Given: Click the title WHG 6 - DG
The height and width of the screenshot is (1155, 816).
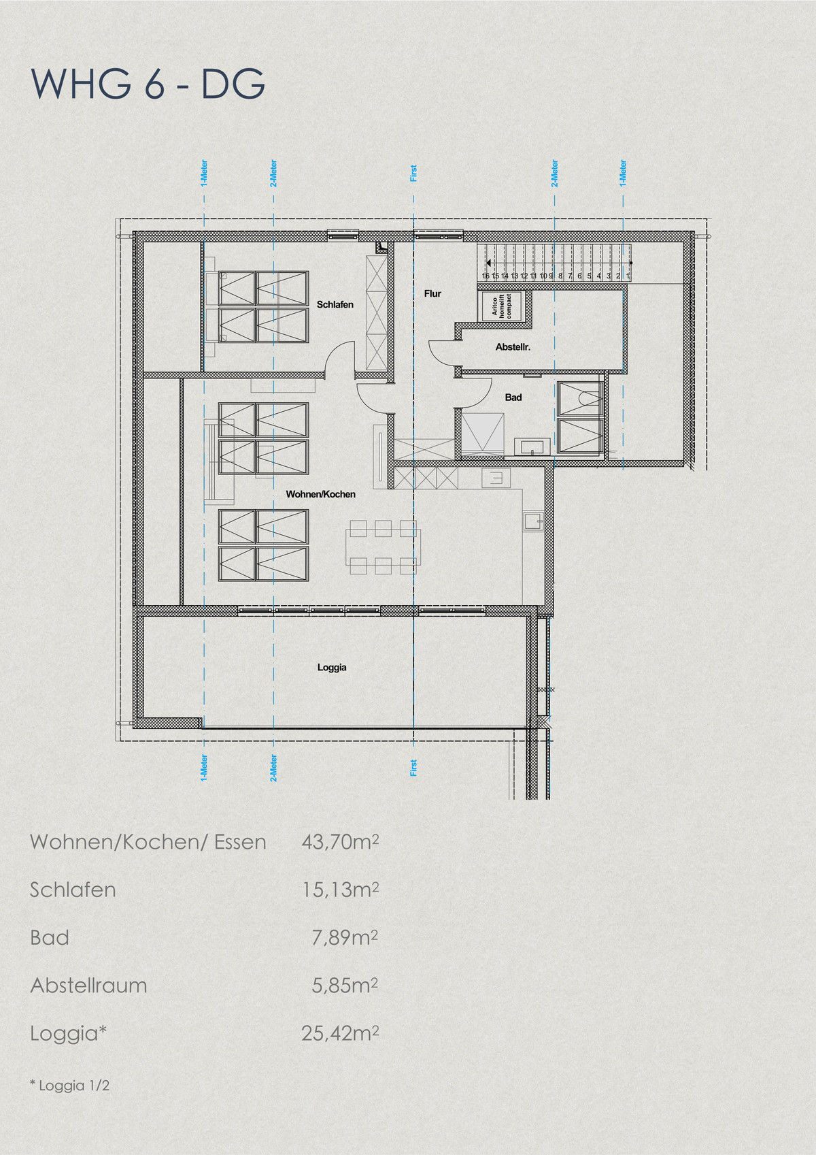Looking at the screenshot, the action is pos(148,84).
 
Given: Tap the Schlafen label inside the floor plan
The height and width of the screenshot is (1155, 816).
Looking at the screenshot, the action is pos(335,305).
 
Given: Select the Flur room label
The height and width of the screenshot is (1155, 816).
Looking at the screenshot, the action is pos(432,293).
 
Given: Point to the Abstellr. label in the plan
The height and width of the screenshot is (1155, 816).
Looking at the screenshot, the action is pos(513,347).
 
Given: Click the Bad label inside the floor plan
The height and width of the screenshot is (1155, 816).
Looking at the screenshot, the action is pos(513,397).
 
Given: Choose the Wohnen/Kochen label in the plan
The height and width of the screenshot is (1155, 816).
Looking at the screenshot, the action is pos(320,494).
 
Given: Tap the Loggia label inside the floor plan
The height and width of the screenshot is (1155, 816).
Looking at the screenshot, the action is pos(332,667).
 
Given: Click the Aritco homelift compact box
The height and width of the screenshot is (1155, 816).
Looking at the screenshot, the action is pos(501,306).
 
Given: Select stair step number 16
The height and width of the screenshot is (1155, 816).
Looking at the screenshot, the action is pos(486,276).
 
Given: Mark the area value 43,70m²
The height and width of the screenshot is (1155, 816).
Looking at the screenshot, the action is pos(340,842).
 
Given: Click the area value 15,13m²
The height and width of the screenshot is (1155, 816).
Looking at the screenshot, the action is pos(340,890).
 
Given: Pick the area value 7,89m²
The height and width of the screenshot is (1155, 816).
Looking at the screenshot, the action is pos(345,937).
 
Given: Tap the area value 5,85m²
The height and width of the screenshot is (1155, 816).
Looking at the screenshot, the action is pos(345,986).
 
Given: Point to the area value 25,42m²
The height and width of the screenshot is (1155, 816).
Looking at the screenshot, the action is pos(340,1033).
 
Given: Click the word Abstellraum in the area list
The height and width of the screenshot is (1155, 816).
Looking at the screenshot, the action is pos(88,986).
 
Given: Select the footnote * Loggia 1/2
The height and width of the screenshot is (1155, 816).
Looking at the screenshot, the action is pos(69,1086).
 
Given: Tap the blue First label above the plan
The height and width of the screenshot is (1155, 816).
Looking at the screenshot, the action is pos(413,174).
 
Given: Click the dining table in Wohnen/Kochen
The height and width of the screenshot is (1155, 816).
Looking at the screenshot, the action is pos(384,547).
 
